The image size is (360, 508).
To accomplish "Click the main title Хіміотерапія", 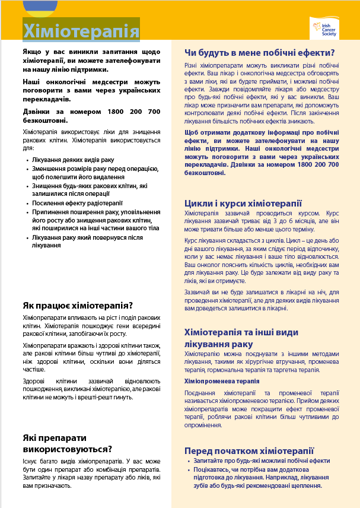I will point(81,30).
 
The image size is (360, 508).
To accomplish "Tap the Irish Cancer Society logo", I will point(324,28).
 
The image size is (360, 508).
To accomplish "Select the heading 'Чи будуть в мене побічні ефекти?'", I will point(259,52).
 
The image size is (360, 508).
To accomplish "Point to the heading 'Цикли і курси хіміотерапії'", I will point(243,203).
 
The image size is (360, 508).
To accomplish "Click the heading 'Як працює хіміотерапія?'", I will point(78,305).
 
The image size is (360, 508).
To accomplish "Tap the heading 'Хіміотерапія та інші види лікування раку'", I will point(243,338).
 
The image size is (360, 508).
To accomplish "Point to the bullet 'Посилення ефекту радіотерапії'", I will point(77,203).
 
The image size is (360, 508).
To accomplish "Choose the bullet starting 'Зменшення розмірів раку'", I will point(95,173).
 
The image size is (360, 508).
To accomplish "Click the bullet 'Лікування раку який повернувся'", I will point(89,241).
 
